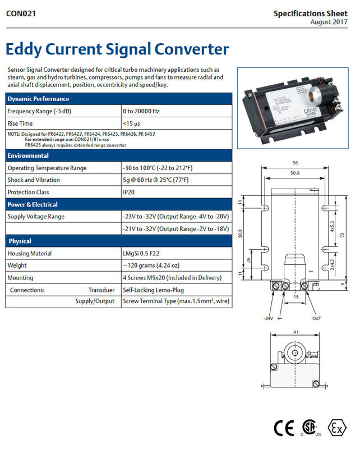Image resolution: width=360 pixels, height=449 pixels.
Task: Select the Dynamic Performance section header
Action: click(38, 99)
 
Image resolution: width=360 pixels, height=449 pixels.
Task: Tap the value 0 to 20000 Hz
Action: click(141, 111)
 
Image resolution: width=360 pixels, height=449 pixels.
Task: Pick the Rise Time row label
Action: click(20, 123)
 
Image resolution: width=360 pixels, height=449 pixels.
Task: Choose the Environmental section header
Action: click(28, 155)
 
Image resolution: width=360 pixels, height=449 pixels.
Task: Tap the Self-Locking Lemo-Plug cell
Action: click(153, 290)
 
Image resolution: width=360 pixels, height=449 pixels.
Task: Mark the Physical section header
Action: click(20, 241)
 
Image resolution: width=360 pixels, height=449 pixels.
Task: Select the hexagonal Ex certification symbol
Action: click(337, 428)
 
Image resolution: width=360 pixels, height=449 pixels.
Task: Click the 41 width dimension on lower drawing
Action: click(295, 332)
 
